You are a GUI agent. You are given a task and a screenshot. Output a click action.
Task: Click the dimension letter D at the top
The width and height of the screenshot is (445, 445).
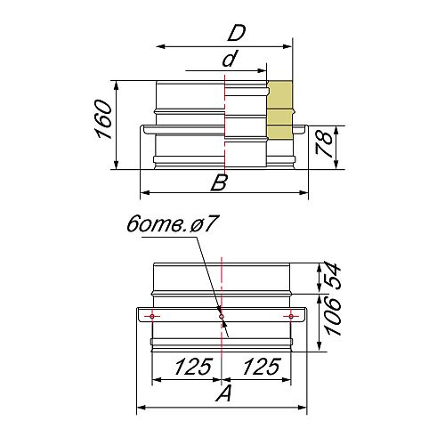[237, 34]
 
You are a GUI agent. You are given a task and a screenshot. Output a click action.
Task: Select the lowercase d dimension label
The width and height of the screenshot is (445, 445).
[231, 59]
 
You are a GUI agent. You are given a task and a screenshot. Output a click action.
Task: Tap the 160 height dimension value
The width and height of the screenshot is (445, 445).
[104, 119]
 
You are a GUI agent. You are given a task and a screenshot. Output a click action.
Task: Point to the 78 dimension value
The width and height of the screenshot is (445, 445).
[324, 144]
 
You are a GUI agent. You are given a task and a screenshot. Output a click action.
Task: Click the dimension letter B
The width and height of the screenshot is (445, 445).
[219, 182]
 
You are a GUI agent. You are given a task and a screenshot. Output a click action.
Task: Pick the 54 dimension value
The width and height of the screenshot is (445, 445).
[333, 275]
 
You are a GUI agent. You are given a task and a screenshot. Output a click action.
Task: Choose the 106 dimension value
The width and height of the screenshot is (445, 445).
[333, 317]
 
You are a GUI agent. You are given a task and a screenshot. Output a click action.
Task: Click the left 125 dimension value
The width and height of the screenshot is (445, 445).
[194, 367]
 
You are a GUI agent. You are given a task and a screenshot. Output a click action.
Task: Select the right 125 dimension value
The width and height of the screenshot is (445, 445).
[262, 367]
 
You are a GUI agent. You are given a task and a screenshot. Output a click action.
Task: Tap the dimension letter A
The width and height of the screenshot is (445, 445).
[224, 394]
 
